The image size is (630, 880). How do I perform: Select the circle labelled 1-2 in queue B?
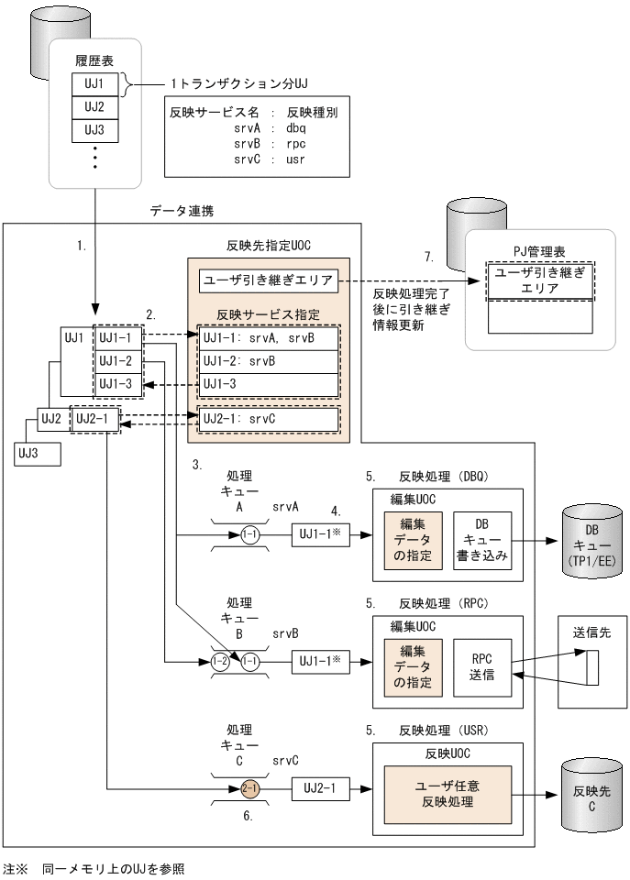(x=219, y=660)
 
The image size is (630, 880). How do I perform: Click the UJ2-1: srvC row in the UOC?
(x=268, y=420)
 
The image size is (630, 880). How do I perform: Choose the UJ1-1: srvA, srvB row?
(x=268, y=339)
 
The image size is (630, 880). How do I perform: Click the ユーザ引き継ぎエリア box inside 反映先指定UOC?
(x=268, y=280)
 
